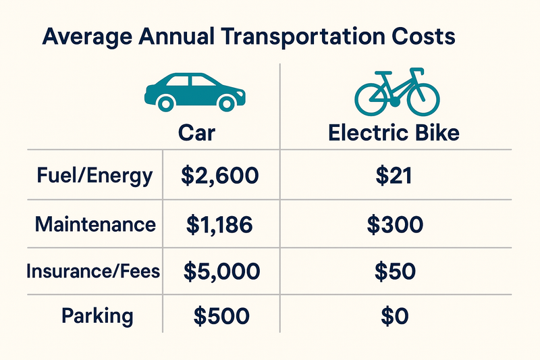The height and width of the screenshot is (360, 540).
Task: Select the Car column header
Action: tap(196, 132)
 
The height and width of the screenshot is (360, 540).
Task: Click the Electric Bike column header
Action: tap(394, 132)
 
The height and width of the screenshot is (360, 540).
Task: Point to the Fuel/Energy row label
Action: tap(95, 177)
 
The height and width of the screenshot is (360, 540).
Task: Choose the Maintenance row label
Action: tap(94, 224)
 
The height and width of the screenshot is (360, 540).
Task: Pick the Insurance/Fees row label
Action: tap(93, 272)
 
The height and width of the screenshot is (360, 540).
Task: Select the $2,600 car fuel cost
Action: tap(220, 177)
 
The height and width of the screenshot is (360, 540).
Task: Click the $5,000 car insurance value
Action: tap(221, 272)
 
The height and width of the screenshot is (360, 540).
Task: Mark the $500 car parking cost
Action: tap(221, 315)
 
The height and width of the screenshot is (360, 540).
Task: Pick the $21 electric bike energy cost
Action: tap(394, 177)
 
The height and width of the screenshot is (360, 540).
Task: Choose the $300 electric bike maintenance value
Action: tap(394, 225)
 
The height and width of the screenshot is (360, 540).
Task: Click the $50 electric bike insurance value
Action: tap(394, 272)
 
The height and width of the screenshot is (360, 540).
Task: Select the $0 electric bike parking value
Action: tap(394, 315)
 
